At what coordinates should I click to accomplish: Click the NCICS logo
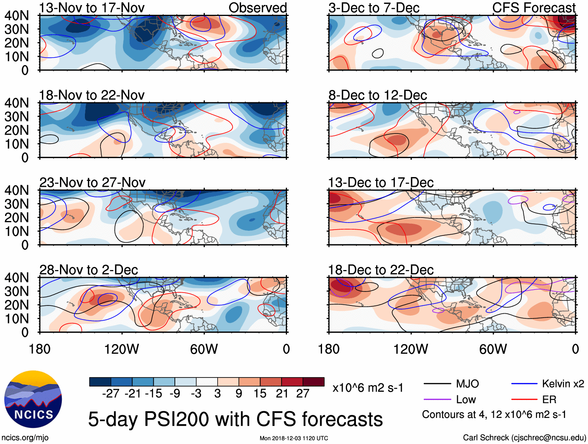(33, 399)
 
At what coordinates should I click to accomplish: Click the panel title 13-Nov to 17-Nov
(92, 8)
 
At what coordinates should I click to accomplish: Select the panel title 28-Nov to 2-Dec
(89, 270)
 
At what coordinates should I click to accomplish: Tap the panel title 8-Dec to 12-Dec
(378, 95)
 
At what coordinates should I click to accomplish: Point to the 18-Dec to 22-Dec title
(381, 270)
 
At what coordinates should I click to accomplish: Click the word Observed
(257, 8)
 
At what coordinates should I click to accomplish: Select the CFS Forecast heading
(534, 8)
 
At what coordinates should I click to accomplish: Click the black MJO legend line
(437, 384)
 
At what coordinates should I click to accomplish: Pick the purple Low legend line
(437, 400)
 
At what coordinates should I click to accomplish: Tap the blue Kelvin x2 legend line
(525, 384)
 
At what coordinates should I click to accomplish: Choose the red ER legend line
(525, 400)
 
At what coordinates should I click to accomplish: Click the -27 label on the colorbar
(111, 393)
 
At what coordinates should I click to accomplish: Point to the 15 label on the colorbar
(260, 393)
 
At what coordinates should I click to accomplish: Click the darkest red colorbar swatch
(313, 382)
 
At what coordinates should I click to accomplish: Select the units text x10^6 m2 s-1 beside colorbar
(368, 388)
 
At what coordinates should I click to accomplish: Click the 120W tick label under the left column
(121, 349)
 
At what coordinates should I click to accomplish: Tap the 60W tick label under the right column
(493, 349)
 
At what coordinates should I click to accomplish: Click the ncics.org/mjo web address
(25, 438)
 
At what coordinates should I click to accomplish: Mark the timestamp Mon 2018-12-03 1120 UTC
(294, 439)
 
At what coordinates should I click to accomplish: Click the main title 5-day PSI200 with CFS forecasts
(236, 419)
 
